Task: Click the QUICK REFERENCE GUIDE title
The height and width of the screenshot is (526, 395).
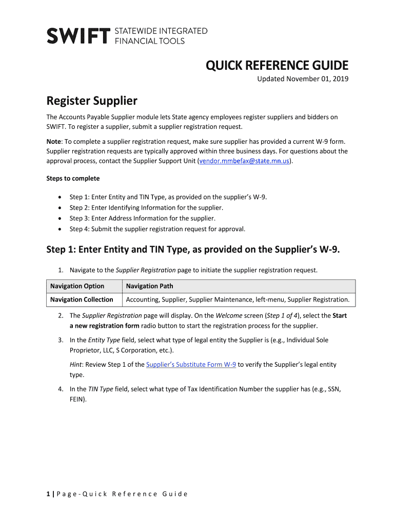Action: pyautogui.click(x=277, y=66)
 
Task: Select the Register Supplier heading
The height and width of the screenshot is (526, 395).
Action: pyautogui.click(x=92, y=100)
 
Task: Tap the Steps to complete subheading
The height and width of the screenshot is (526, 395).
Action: pyautogui.click(x=73, y=179)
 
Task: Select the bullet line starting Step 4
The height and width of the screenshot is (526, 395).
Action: pyautogui.click(x=157, y=229)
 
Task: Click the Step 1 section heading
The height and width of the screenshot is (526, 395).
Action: pyautogui.click(x=193, y=250)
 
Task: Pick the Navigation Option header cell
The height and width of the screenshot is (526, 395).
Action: pyautogui.click(x=77, y=286)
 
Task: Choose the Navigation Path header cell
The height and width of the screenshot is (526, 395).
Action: pyautogui.click(x=150, y=286)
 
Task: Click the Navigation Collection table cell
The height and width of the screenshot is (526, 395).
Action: pyautogui.click(x=82, y=299)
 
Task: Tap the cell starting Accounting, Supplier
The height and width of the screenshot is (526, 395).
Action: pyautogui.click(x=238, y=299)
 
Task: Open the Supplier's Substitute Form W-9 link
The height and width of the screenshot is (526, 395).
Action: pyautogui.click(x=191, y=365)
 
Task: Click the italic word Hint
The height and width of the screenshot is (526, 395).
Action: pyautogui.click(x=77, y=365)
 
